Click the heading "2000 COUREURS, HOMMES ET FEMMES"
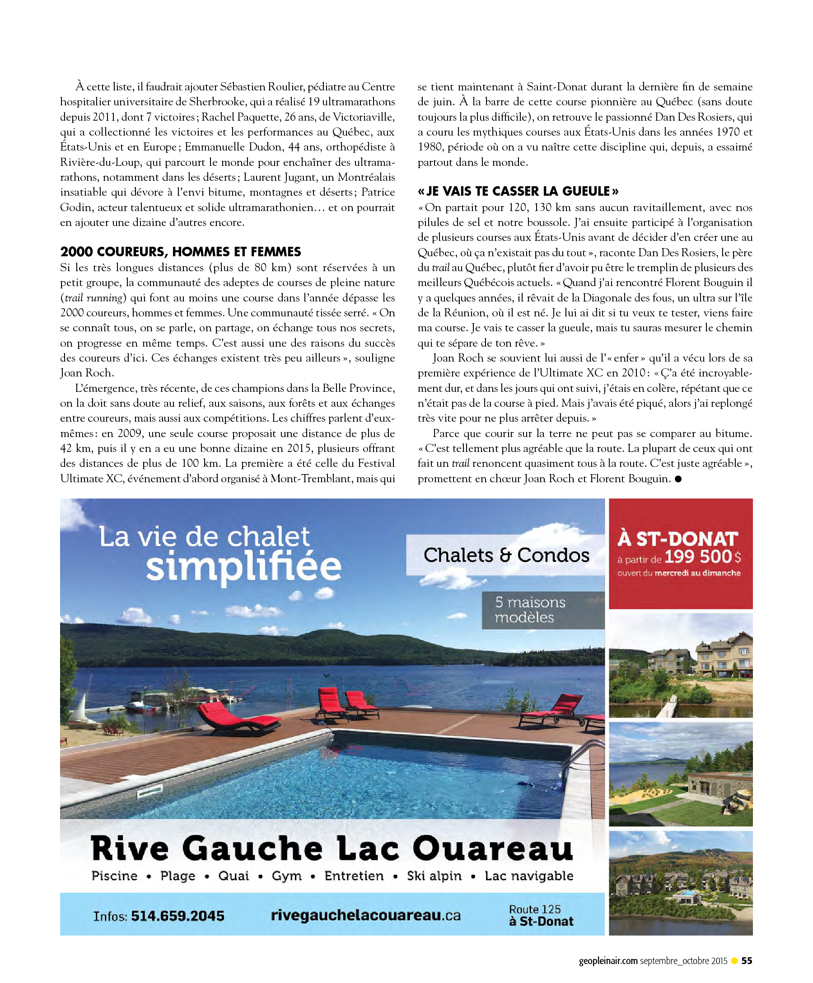[x=180, y=252]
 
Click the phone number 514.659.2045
[x=178, y=916]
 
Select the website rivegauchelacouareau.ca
[x=365, y=915]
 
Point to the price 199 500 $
[x=702, y=556]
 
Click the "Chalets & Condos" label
[x=506, y=555]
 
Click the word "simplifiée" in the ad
[x=243, y=567]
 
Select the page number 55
[x=747, y=960]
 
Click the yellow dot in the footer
[x=734, y=960]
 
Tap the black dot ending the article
[x=678, y=479]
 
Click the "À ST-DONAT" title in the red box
[x=677, y=539]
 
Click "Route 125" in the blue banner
[x=535, y=909]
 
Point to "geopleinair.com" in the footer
[x=608, y=960]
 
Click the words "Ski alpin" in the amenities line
[x=434, y=876]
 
